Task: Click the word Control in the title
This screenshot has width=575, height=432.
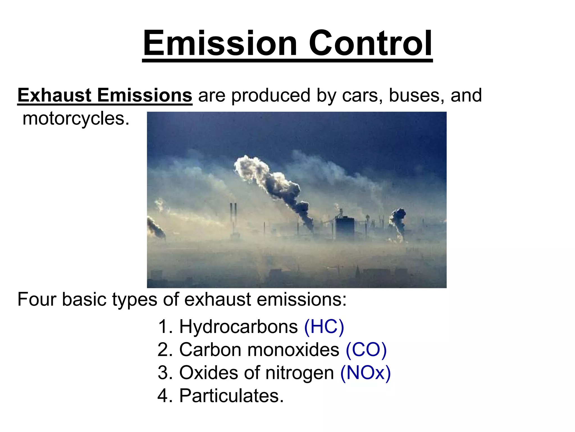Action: coord(370,44)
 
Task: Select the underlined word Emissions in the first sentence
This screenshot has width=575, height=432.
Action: coord(145,95)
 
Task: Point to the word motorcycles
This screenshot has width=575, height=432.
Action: coord(76,119)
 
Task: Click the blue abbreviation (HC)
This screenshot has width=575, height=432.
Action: coord(324,327)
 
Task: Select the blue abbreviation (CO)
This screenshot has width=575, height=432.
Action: coord(366,350)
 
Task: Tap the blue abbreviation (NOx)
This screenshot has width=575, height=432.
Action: coord(365,373)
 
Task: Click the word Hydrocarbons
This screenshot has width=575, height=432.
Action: coord(238,327)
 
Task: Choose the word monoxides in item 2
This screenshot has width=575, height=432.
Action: coord(293,350)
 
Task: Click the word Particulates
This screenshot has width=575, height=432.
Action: coord(231,396)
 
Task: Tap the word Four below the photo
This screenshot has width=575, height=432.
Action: coord(36,300)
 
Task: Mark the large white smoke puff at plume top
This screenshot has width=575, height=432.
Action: coord(250,167)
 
